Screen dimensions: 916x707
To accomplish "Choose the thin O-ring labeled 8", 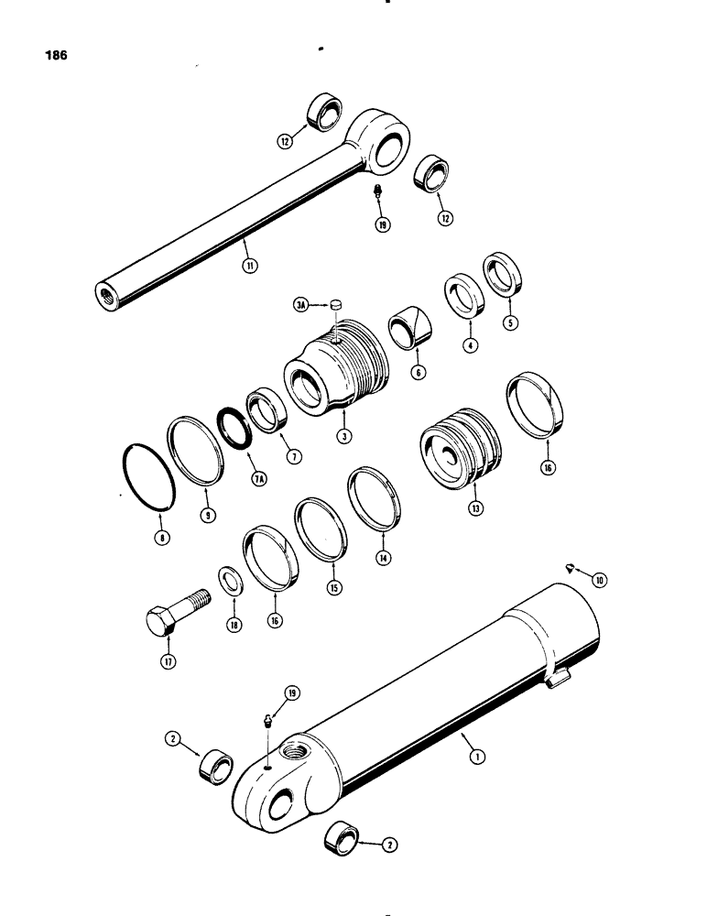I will (148, 476).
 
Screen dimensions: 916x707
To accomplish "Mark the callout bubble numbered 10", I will (599, 580).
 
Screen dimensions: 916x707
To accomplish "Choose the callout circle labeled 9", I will (208, 515).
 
